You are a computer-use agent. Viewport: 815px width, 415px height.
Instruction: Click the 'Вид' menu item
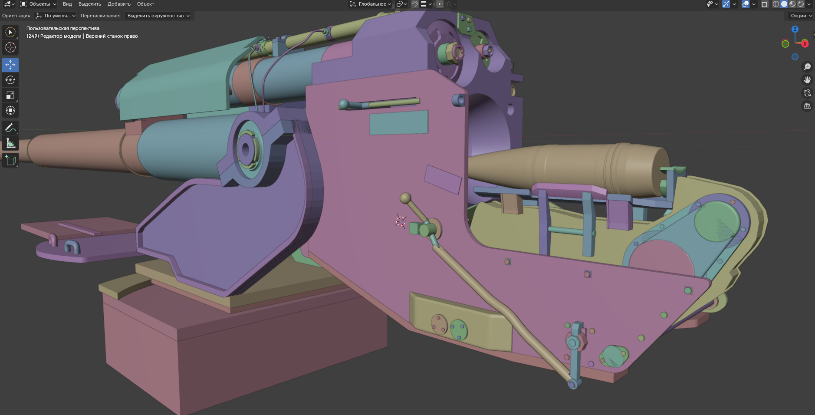(x=67, y=4)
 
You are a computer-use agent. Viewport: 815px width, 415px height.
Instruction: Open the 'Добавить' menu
(x=119, y=4)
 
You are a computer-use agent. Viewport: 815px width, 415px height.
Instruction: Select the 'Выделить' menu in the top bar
(x=89, y=4)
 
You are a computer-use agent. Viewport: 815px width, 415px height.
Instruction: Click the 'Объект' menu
(x=145, y=4)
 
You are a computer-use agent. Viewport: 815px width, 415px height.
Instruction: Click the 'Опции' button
(x=801, y=16)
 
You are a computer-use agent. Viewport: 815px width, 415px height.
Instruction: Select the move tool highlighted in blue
(x=10, y=65)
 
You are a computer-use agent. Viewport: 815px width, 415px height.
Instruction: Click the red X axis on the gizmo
(x=805, y=44)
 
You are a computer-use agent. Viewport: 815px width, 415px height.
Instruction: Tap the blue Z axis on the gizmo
(x=795, y=29)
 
